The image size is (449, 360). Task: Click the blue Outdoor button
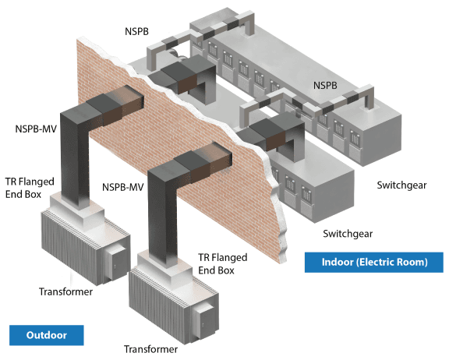point(47,335)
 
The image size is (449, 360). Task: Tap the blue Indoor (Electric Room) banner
point(373,262)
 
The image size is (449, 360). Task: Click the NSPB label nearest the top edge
point(136,31)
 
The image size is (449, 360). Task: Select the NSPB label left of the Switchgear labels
point(325,85)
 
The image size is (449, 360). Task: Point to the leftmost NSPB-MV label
point(36,129)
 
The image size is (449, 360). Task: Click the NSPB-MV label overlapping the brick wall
point(123,187)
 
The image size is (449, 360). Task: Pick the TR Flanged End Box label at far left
point(30,188)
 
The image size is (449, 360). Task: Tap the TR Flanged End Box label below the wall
point(222,264)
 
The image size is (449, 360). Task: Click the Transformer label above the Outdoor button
point(65,291)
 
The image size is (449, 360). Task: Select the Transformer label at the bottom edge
point(150,349)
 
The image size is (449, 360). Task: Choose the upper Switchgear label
point(401,185)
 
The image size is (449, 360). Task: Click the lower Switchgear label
point(348,234)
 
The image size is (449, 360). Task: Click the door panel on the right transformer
point(204,320)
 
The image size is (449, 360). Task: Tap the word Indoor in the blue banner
point(338,262)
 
